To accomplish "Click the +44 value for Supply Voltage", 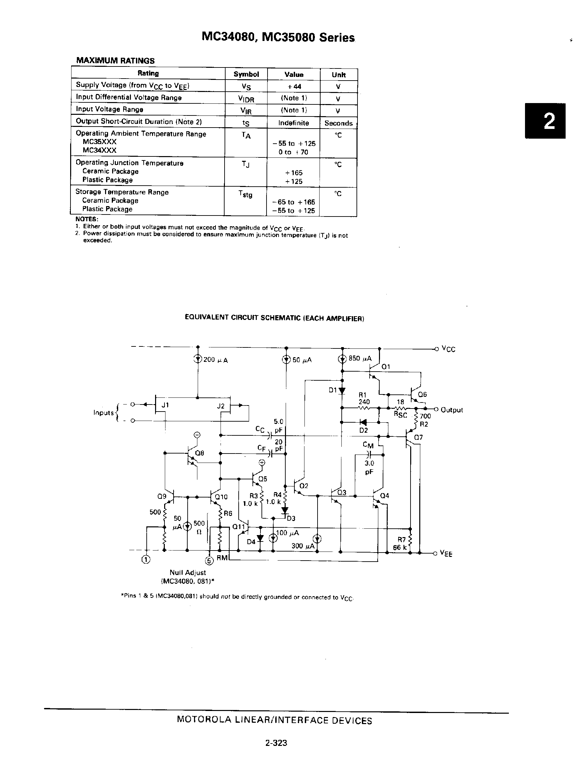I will click(x=294, y=87).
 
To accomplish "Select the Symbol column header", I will click(x=246, y=74).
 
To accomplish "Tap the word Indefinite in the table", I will click(x=294, y=123).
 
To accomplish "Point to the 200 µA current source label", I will click(x=216, y=360).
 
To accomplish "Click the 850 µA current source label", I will click(x=360, y=358).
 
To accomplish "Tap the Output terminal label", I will click(x=451, y=410).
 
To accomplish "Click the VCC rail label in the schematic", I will click(x=448, y=349).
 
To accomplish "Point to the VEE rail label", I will click(x=446, y=554).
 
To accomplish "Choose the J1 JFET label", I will click(x=165, y=405).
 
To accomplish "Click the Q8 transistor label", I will click(x=199, y=453).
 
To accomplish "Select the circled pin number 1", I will click(x=146, y=560).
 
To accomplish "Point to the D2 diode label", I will click(x=364, y=430).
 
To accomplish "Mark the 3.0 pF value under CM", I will click(x=369, y=468).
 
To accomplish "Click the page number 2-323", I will click(x=276, y=743).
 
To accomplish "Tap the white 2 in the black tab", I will click(x=549, y=121).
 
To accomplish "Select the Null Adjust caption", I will click(x=188, y=572).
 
